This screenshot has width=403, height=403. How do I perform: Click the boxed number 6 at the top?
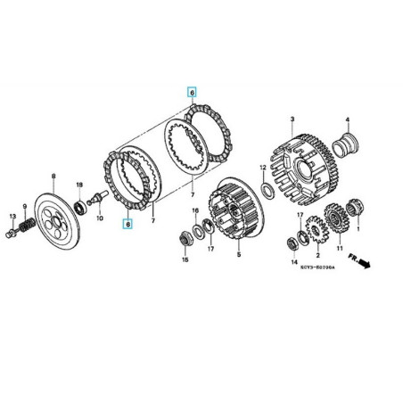[x=189, y=92]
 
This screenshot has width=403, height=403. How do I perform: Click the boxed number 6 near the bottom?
[x=127, y=224]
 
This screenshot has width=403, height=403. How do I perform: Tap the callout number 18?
[x=79, y=185]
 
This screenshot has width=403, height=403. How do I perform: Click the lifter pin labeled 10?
[x=94, y=201]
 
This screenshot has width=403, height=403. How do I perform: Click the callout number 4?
[x=348, y=119]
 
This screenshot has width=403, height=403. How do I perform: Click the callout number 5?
[x=238, y=255]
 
